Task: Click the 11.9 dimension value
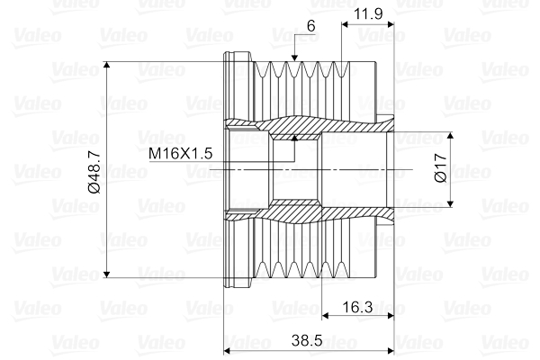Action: pyautogui.click(x=368, y=13)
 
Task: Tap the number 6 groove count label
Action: pyautogui.click(x=311, y=26)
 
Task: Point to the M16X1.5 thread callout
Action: pyautogui.click(x=180, y=153)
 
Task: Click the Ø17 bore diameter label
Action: pyautogui.click(x=441, y=168)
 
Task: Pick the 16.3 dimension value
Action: pyautogui.click(x=357, y=307)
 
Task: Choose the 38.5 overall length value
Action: pyautogui.click(x=307, y=341)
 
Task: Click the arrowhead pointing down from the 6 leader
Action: pyautogui.click(x=294, y=58)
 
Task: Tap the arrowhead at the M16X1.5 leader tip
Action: pyautogui.click(x=294, y=138)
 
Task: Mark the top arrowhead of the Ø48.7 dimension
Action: pyautogui.click(x=107, y=66)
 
